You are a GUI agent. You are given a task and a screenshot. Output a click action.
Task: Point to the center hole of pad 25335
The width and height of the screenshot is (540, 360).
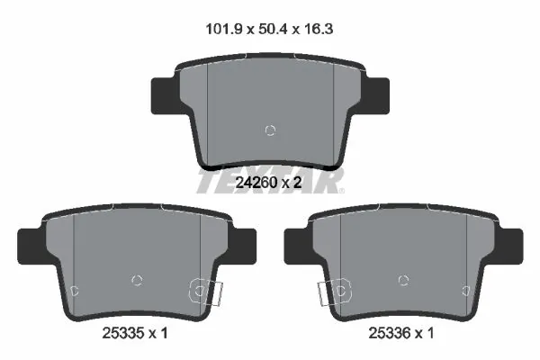click(137, 280)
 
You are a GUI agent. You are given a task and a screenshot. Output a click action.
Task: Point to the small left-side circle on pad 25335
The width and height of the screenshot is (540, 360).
click(76, 290)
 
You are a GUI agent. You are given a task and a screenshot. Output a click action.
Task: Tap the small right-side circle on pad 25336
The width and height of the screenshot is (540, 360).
click(465, 290)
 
